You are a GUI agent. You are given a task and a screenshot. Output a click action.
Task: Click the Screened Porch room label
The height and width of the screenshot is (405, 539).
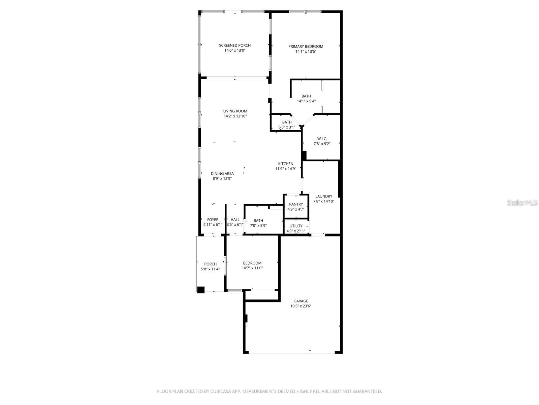(235, 45)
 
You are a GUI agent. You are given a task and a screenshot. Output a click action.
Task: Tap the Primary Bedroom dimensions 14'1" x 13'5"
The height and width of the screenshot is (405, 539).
(306, 52)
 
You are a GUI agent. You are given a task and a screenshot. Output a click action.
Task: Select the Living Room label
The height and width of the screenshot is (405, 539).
(235, 111)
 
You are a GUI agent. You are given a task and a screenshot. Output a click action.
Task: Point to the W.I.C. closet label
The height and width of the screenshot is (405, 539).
(322, 139)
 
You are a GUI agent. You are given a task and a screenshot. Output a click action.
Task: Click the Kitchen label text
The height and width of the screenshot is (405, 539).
(285, 164)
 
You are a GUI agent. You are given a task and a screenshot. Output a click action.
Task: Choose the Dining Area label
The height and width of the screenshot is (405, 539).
(222, 173)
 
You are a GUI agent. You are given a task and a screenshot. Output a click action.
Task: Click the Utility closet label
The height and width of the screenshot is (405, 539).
(296, 226)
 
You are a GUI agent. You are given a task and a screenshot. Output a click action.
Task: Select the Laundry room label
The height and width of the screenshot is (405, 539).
(323, 196)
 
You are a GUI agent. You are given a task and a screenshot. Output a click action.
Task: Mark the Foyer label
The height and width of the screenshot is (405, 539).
(213, 220)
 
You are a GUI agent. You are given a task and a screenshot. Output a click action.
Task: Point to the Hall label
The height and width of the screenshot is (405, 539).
(235, 220)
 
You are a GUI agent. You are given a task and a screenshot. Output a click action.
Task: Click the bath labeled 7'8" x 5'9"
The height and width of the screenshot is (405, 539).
(258, 223)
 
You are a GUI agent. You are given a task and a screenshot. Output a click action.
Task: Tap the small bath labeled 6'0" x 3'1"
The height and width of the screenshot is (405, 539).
(287, 125)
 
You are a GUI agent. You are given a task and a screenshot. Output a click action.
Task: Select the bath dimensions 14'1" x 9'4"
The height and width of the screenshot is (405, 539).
(306, 101)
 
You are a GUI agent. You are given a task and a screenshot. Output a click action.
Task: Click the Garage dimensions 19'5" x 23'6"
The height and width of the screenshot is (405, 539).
(300, 306)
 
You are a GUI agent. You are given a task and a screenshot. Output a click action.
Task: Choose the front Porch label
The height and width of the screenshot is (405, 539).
(210, 264)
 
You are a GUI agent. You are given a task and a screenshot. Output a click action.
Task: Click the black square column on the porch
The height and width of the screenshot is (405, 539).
(201, 290)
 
